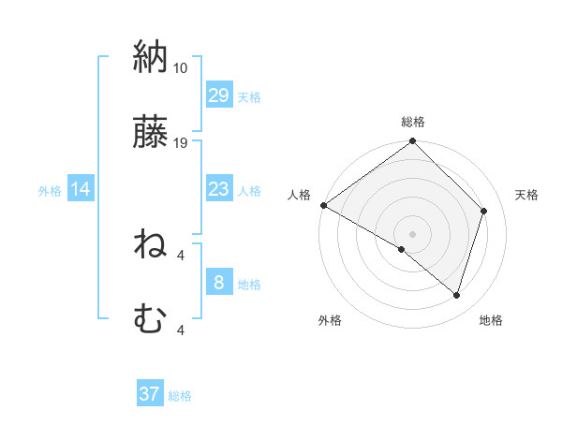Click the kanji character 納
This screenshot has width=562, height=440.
coord(150,57)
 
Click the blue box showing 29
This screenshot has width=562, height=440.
coord(218,95)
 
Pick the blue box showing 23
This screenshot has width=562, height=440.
coord(218,190)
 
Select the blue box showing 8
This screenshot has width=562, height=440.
coord(218,283)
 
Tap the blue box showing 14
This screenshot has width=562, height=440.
coord(81,190)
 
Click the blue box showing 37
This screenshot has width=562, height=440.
coord(149,394)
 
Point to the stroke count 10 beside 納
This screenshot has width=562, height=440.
coord(181,68)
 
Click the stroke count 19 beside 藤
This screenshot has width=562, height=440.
coord(181,143)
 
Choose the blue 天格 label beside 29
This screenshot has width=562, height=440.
coord(249,96)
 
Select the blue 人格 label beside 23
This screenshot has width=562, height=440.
coord(249,191)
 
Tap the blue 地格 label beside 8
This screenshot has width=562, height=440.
coord(249,284)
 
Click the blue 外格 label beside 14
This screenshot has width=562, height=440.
coord(50,191)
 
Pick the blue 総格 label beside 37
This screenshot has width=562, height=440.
coord(180,396)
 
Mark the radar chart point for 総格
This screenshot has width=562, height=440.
coord(412,142)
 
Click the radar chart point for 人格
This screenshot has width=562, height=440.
coord(323,205)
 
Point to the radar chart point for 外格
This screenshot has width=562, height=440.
coord(402,249)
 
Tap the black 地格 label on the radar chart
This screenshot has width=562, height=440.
coord(491,320)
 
